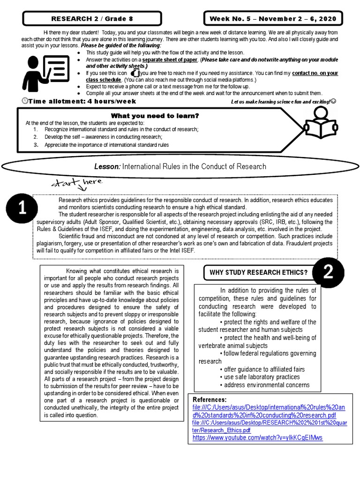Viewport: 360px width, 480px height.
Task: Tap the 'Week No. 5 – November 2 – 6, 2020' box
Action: click(x=273, y=19)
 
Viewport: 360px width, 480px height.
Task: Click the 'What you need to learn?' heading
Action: click(x=155, y=115)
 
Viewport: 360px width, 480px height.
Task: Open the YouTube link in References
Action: click(x=258, y=438)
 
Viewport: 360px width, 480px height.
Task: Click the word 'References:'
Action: click(x=210, y=399)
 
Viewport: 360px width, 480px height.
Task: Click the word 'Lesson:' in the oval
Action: click(x=107, y=166)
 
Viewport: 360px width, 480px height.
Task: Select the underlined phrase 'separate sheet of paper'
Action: click(x=170, y=60)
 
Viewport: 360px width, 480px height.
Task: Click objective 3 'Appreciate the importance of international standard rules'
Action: click(x=106, y=145)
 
